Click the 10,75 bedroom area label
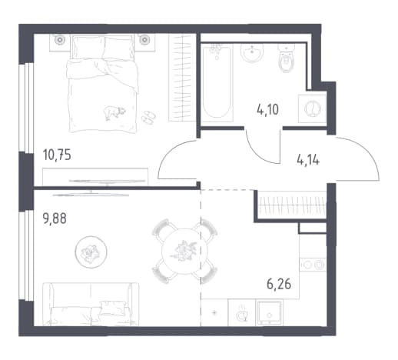57,155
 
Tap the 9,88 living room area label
55,218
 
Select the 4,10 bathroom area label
267,110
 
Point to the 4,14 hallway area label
308,160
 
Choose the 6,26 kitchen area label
279,284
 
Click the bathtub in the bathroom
217,82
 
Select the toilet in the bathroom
287,58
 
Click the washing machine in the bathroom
312,108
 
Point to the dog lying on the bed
114,112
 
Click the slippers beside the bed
148,117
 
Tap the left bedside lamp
60,39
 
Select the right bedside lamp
144,39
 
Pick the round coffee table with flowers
91,252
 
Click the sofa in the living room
91,304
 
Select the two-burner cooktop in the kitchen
313,265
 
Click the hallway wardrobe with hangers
292,205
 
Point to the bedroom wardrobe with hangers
182,78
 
